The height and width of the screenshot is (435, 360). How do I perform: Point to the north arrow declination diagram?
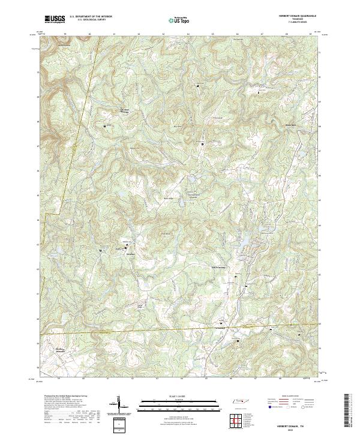[x=119, y=404]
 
